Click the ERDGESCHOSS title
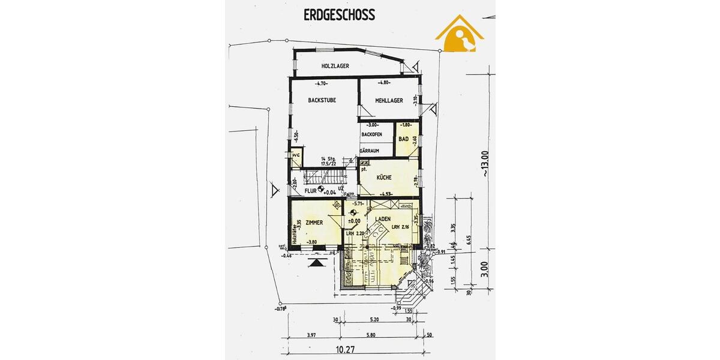tap(339, 15)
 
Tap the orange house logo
tap(460, 35)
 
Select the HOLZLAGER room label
tap(335, 66)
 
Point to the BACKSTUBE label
tap(322, 101)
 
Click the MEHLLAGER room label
tap(389, 101)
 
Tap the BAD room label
tap(404, 139)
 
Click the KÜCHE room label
tap(385, 178)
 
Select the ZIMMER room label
tap(315, 223)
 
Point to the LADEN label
tap(384, 219)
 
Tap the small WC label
tap(295, 155)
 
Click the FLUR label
tap(310, 191)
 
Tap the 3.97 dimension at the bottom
tap(311, 335)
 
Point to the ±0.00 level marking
tap(353, 220)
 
